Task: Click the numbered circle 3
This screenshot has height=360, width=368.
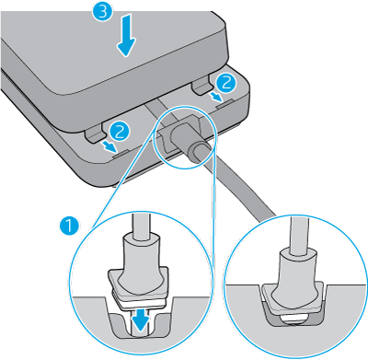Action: point(103,13)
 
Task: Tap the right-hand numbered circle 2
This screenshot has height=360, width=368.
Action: point(225,82)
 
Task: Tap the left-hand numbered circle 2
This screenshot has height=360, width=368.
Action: point(120,132)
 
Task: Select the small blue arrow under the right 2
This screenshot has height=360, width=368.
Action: point(215,98)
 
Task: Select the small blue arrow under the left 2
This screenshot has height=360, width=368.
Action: point(109,145)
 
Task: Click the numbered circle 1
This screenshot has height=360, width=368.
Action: point(69,226)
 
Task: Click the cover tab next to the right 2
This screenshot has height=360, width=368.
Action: point(201,87)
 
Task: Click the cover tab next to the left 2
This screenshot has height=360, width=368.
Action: point(95,135)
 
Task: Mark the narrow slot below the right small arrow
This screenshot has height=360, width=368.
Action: point(225,104)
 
